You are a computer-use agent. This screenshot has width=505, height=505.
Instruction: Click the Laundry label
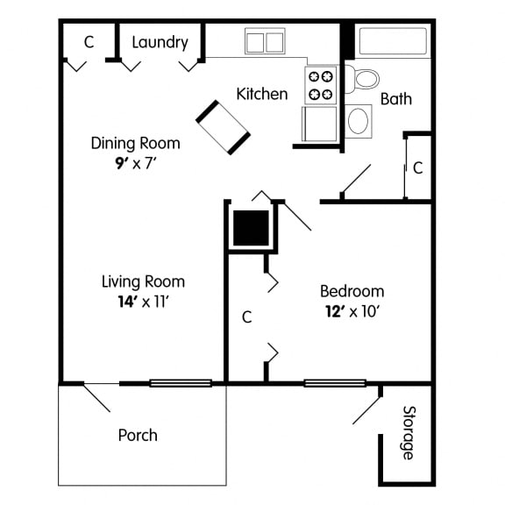click(160, 42)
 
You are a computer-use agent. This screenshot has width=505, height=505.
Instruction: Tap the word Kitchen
click(262, 93)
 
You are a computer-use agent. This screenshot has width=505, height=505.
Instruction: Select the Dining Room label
click(136, 143)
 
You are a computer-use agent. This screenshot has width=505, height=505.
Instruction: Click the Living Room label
click(143, 281)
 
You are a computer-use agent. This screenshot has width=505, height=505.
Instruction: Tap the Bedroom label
click(352, 291)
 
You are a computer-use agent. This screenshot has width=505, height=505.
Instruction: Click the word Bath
click(395, 99)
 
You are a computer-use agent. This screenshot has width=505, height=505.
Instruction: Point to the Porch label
click(138, 435)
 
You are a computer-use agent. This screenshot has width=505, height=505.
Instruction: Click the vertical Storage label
click(409, 432)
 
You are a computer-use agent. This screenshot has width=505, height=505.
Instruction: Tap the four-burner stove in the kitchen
click(321, 84)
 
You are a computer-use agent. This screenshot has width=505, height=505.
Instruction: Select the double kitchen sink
click(265, 41)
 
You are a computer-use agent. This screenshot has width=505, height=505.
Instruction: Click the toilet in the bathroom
click(362, 77)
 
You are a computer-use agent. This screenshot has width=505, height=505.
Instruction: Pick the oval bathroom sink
click(359, 121)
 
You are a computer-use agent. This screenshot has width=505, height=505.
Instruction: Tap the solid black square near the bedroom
click(250, 228)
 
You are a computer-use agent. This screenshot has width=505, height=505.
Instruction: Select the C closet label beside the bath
click(418, 167)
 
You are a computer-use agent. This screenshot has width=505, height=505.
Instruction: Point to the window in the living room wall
click(180, 383)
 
